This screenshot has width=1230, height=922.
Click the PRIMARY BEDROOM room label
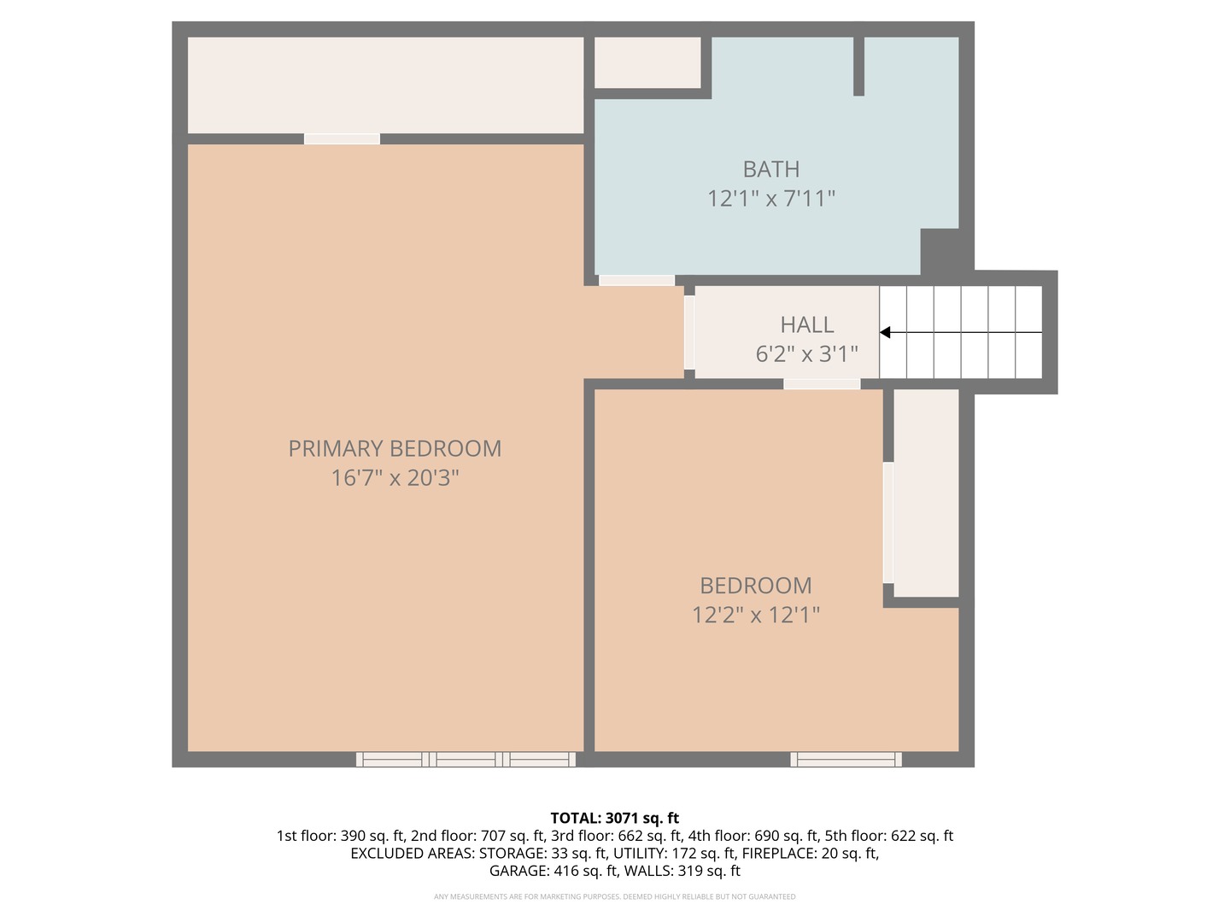395,448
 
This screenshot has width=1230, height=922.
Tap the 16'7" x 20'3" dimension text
395,477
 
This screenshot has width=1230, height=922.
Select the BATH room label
770,169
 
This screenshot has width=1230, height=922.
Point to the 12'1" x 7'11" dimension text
770,198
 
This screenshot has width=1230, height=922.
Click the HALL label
806,324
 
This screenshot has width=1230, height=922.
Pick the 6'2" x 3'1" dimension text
806,353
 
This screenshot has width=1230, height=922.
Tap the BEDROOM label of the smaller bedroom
755,586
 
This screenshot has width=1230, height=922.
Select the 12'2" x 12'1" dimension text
755,615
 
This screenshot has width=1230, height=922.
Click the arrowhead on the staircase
886,332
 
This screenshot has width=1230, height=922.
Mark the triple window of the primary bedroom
466,759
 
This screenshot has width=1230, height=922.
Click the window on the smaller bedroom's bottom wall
846,759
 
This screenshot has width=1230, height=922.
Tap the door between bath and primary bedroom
636,280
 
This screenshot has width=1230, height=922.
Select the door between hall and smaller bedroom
822,384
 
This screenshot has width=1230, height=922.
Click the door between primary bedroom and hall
689,332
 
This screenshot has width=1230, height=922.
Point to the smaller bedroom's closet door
888,522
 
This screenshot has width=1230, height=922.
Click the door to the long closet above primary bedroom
342,138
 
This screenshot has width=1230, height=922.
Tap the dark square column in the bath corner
939,251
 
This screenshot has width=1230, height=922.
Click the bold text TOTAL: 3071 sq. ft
614,818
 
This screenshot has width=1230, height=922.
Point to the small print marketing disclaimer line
614,896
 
